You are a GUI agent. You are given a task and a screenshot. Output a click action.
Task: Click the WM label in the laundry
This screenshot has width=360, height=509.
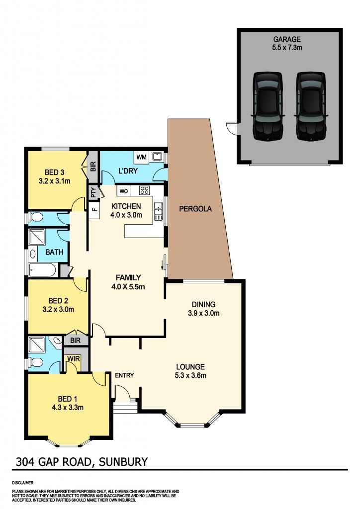point(141,157)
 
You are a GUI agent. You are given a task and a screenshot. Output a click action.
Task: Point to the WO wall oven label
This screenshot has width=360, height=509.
point(123,190)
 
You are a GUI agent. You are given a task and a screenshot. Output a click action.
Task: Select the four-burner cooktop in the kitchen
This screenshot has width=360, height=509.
point(145,190)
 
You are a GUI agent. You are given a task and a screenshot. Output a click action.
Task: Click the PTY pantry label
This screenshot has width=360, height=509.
point(93,192)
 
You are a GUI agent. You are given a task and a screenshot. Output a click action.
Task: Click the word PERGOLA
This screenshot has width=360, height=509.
point(195,209)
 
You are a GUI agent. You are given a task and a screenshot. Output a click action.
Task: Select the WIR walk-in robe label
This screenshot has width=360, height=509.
point(74,359)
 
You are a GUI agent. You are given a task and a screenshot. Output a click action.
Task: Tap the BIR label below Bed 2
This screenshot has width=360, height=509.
point(76,340)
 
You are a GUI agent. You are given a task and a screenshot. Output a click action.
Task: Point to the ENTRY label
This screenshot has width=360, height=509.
point(124,375)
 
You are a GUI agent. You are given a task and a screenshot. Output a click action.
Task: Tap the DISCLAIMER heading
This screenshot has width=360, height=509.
point(22,483)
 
